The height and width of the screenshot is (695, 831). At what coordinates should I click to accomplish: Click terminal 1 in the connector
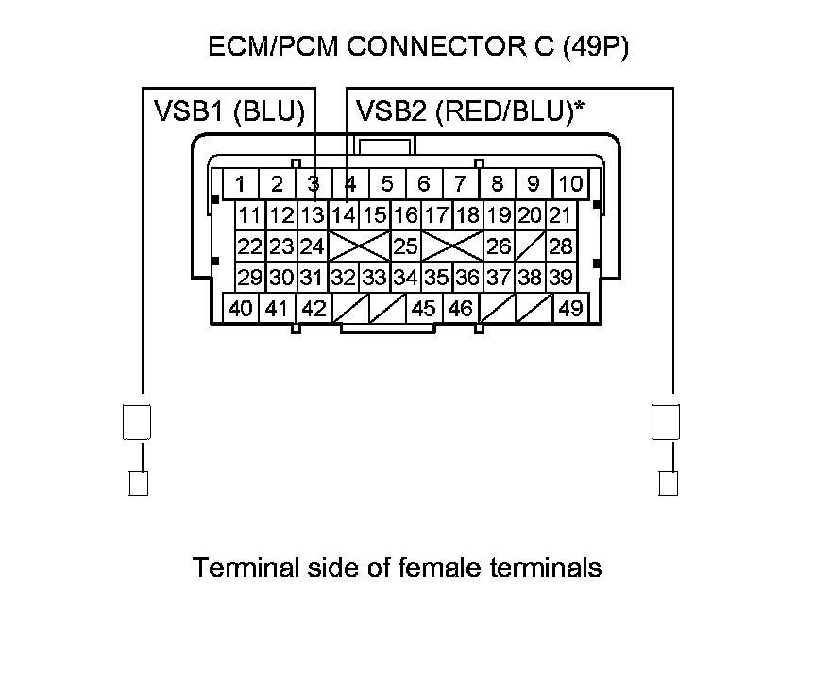(x=242, y=183)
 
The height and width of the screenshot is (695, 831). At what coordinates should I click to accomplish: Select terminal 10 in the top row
(x=570, y=183)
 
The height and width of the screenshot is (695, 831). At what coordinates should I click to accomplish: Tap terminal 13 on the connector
(x=313, y=215)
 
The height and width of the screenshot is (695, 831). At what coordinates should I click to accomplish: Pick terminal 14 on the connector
(x=344, y=215)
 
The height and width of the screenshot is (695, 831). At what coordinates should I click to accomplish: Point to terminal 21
(x=561, y=215)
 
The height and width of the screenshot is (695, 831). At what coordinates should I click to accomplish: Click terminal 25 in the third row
(x=405, y=246)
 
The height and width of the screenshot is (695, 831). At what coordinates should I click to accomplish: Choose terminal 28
(x=561, y=246)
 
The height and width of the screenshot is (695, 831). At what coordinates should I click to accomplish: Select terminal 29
(x=250, y=278)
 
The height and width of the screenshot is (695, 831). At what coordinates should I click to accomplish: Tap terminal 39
(x=561, y=278)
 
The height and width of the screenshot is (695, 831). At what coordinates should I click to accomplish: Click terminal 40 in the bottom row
(x=241, y=308)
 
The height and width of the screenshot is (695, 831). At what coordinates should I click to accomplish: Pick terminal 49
(x=570, y=308)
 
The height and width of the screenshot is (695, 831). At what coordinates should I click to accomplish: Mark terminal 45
(x=424, y=308)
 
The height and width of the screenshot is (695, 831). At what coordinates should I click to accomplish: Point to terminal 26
(x=499, y=246)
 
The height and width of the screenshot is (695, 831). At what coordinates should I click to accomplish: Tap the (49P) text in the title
(x=595, y=47)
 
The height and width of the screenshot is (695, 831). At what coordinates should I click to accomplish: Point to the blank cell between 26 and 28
(x=530, y=246)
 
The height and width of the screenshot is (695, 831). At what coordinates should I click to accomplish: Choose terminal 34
(x=405, y=278)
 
